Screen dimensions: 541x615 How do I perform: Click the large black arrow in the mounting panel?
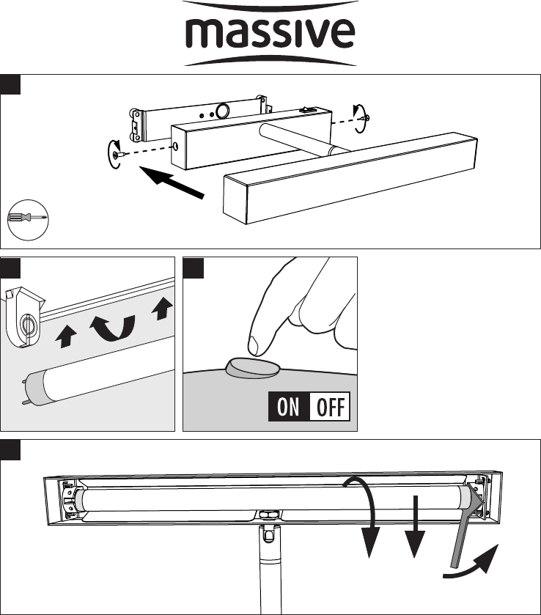tap(172, 181)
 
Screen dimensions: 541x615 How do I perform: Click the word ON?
tap(288, 406)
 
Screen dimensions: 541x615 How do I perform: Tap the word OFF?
tap(331, 407)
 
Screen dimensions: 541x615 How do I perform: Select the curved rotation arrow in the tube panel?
tap(113, 328)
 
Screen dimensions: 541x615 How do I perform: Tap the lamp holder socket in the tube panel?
tap(24, 317)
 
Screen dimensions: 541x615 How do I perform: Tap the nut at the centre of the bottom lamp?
tap(268, 513)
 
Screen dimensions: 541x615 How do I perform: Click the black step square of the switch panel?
tap(194, 268)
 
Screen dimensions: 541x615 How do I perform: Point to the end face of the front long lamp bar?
tap(235, 200)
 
